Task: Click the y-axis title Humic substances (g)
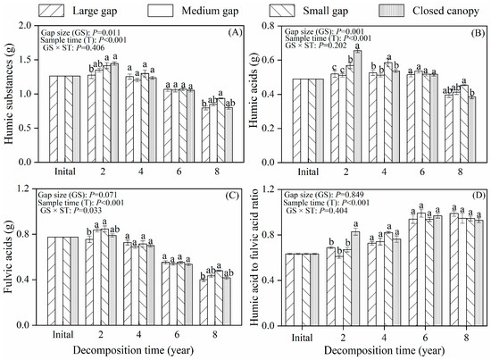[11, 93]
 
